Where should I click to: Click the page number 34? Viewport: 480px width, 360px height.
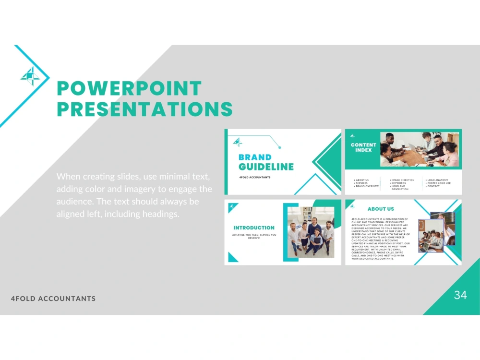[460, 295]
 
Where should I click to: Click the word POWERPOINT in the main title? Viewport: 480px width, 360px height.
[129, 89]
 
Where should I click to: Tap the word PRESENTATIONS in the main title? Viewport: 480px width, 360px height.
[144, 109]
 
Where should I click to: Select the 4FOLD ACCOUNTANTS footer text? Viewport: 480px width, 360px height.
[53, 299]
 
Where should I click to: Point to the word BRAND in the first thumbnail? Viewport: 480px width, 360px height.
[255, 157]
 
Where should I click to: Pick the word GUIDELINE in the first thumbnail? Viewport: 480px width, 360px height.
[266, 167]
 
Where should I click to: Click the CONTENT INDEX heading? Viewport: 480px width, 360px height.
[363, 147]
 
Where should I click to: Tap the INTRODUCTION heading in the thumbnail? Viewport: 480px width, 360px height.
[254, 228]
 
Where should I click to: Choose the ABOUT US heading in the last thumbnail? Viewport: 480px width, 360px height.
[381, 209]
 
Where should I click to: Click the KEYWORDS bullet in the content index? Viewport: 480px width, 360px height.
[399, 183]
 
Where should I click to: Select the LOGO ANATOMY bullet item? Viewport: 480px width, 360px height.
[438, 180]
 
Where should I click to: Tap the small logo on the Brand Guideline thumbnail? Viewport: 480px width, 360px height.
[237, 142]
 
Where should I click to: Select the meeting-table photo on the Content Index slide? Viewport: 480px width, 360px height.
[419, 149]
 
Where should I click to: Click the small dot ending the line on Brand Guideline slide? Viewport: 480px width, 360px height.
[279, 147]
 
